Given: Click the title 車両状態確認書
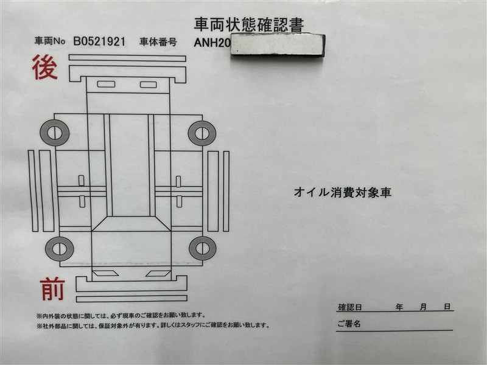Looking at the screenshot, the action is [249, 24].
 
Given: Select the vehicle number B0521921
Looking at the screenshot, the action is [99, 41].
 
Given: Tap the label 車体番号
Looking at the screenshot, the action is [158, 42].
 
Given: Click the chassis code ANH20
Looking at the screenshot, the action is [212, 43].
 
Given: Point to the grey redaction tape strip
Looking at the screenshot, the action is [278, 45].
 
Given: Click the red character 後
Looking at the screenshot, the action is [45, 67].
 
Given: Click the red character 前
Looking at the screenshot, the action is [52, 290].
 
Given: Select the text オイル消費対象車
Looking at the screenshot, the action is [343, 192].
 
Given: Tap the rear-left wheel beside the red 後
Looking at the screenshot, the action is [55, 133].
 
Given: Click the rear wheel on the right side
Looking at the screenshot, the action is [202, 133].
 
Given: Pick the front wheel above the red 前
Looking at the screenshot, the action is [60, 249].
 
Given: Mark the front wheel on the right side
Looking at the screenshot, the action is [203, 248].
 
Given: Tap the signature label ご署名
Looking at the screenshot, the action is [349, 324].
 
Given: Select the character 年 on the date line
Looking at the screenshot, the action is [399, 307].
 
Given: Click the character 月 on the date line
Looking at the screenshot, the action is [423, 307].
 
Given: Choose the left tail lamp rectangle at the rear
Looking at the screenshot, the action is [106, 84].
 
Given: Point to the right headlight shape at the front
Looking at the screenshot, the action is [158, 274].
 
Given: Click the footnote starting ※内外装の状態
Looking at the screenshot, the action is [121, 316].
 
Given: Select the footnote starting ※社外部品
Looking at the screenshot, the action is [153, 325].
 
